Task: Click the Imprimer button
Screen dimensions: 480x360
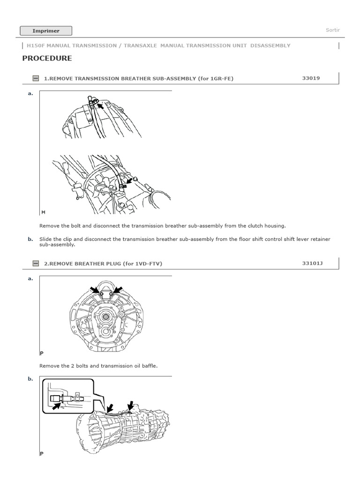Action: click(x=46, y=31)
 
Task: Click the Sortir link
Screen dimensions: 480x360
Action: click(x=332, y=30)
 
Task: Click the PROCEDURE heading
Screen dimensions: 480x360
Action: click(x=47, y=59)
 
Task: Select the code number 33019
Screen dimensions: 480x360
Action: click(x=311, y=78)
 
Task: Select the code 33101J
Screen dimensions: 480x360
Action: click(x=312, y=263)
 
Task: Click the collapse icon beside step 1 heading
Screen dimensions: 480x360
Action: click(x=36, y=79)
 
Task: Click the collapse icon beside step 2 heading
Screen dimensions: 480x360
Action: click(x=36, y=264)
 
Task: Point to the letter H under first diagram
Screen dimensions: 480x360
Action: click(x=43, y=212)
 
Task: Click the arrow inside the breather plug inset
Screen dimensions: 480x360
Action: click(x=57, y=408)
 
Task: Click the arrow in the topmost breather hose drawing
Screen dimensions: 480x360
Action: click(x=100, y=107)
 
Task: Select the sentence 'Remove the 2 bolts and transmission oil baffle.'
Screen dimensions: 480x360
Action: click(x=98, y=366)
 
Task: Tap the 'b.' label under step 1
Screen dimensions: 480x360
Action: click(x=30, y=239)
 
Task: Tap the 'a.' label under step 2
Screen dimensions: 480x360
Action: click(x=30, y=278)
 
